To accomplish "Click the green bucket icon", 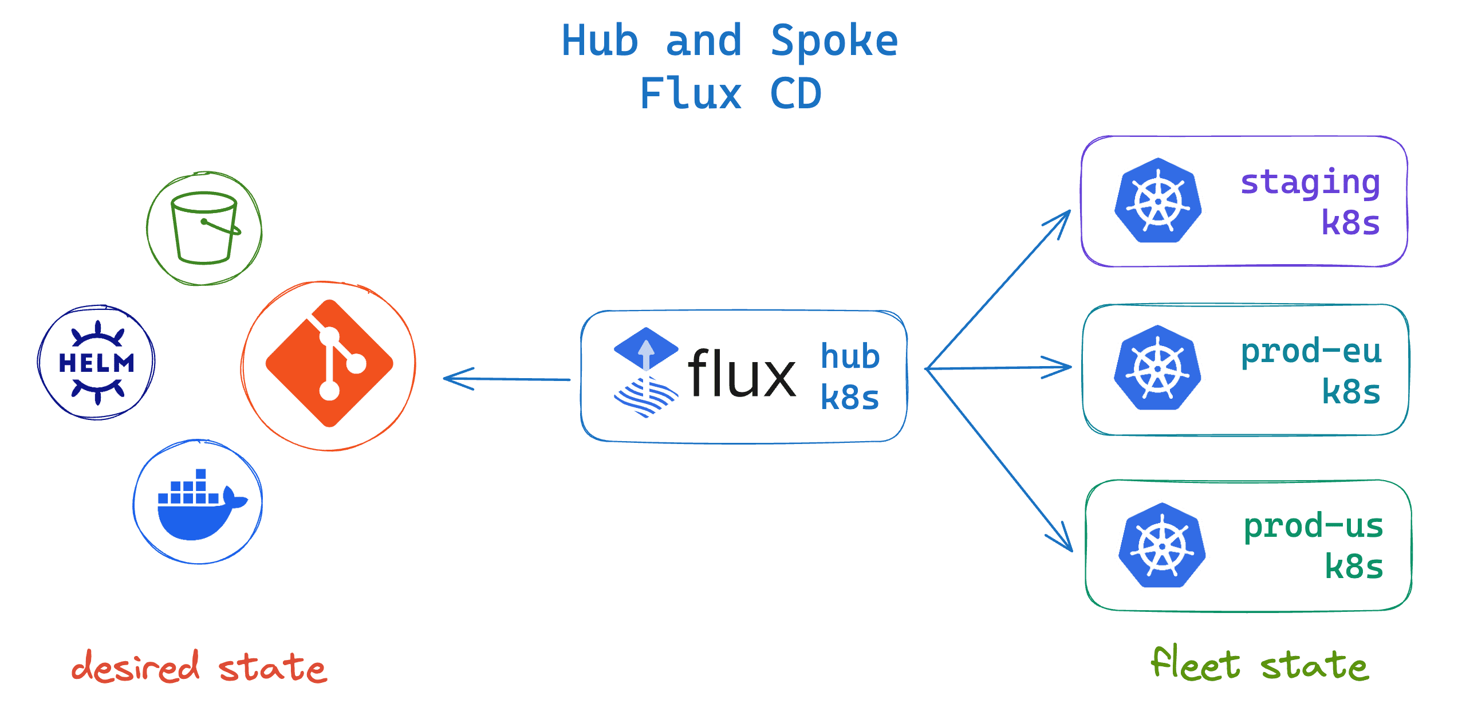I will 204,228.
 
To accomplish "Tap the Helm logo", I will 97,363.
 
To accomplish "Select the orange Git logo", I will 329,364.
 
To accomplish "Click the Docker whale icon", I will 198,504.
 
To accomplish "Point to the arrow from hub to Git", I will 506,379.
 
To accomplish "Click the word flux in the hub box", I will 741,374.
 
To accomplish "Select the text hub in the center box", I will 850,356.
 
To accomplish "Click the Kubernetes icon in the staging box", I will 1158,201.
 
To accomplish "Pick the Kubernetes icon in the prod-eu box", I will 1157,368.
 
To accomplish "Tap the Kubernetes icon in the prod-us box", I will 1162,545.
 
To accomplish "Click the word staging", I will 1310,183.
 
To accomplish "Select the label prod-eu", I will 1311,351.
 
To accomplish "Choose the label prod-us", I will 1313,526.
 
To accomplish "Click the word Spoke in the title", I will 834,41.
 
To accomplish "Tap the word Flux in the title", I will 691,94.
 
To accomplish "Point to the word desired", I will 136,667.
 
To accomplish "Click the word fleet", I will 1196,665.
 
